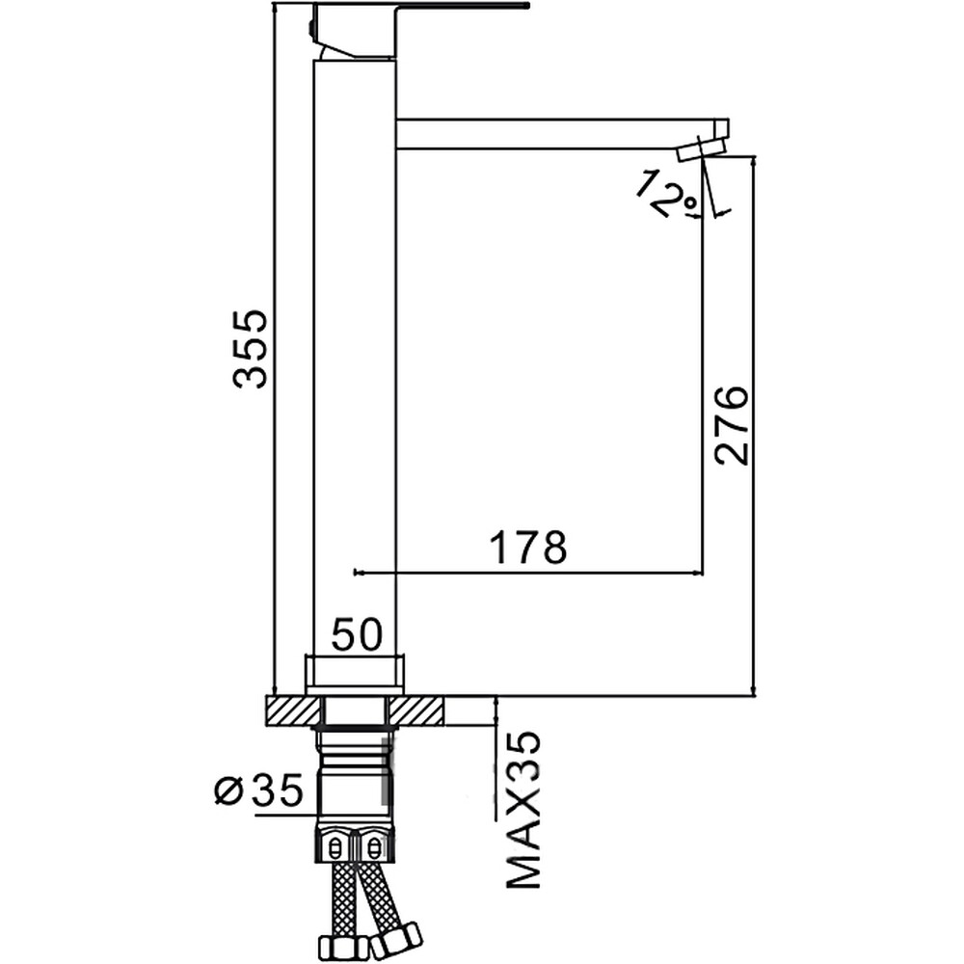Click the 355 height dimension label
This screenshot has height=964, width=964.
(251, 349)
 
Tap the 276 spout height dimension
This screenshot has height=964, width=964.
(732, 425)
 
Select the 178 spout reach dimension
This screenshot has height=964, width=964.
(527, 547)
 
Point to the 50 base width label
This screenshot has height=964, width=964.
(357, 634)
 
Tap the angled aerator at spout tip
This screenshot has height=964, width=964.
(702, 149)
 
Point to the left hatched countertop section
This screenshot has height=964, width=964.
(294, 710)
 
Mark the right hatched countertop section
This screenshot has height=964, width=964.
(415, 710)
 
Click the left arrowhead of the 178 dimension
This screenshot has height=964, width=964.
(358, 573)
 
